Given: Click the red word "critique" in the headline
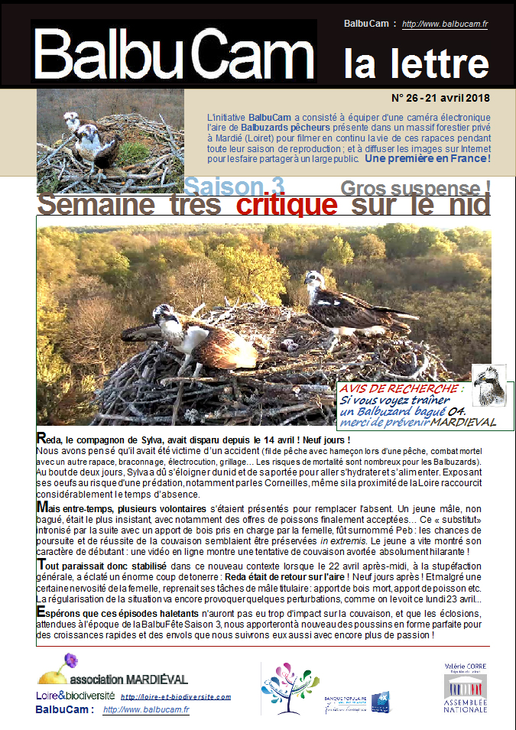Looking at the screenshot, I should (x=287, y=204).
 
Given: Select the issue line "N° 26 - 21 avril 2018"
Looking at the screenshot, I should (x=440, y=98).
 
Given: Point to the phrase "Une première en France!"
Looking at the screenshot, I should (x=427, y=159).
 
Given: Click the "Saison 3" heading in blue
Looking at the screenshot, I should (x=234, y=186).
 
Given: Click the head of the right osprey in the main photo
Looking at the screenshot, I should (x=313, y=279).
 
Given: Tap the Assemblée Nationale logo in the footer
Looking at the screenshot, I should (x=465, y=688).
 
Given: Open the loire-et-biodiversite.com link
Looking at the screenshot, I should (x=176, y=696).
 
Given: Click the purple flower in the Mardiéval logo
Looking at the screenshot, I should (x=70, y=659).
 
